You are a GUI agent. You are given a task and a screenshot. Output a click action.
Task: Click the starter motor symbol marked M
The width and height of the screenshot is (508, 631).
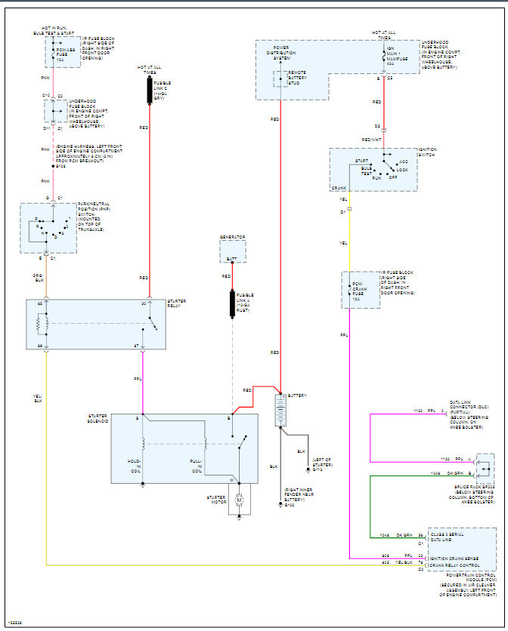[x=239, y=500]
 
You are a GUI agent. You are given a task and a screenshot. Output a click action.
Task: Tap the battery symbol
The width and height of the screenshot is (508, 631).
[x=280, y=411]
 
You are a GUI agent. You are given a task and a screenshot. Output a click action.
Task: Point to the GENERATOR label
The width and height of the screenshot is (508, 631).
[x=233, y=238]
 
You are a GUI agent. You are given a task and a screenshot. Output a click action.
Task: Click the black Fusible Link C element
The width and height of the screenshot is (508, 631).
[x=149, y=91]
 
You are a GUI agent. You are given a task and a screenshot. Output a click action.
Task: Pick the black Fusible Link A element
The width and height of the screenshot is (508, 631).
[x=233, y=303]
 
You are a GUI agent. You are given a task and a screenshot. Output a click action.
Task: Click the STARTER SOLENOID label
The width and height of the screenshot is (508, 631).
[x=98, y=419]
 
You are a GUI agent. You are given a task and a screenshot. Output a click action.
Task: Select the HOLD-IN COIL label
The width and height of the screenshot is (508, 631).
[x=134, y=465]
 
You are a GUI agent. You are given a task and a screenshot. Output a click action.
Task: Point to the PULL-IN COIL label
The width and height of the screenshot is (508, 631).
[x=196, y=465]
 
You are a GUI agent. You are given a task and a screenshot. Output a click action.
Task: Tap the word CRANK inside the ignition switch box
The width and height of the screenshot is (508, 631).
[x=339, y=187]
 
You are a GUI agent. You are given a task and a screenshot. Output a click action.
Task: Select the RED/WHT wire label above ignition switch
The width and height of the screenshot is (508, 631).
[x=371, y=140]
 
